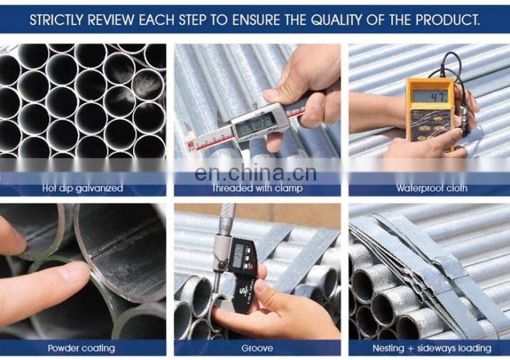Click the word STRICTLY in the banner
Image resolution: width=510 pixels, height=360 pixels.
coord(57,20)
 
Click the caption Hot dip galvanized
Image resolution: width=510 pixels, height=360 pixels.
coord(82,189)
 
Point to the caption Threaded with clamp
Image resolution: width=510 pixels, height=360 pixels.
coord(258,189)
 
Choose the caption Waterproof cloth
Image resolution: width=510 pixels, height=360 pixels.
coord(432,189)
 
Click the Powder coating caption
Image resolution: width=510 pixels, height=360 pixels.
coord(82,349)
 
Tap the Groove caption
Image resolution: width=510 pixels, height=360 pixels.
coord(257,349)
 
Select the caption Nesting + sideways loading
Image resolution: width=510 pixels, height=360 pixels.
coord(432,349)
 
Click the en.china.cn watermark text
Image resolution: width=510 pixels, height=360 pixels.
coord(256,173)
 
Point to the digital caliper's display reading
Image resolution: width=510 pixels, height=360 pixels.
coord(256,124)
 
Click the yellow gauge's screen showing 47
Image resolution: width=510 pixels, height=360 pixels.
coord(430,97)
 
